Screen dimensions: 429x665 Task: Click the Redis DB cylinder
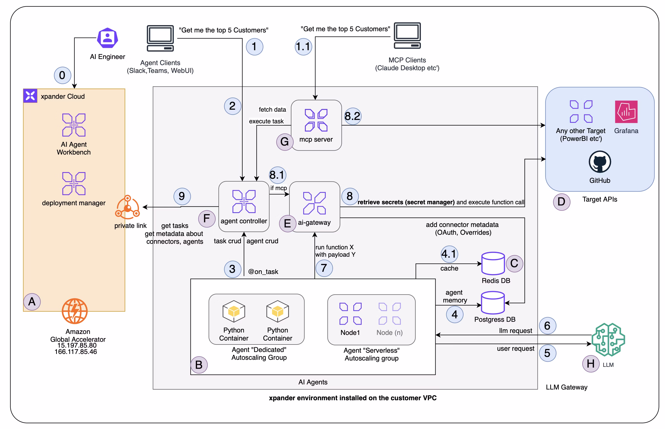coord(493,263)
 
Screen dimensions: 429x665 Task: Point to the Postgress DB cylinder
coord(493,302)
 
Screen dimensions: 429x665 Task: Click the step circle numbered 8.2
coord(352,116)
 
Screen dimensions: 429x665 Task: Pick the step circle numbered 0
coord(62,75)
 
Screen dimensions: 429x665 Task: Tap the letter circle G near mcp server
coord(284,142)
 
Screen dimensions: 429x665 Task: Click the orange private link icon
coord(127,207)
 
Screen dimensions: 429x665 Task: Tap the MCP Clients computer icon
coord(407,36)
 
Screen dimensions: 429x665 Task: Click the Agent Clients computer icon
coord(160,39)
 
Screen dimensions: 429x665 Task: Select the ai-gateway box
coord(314,207)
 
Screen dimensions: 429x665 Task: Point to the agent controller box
coord(244,206)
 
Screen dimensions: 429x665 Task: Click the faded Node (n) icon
coord(389,314)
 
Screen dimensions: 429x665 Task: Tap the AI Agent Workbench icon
coord(74,125)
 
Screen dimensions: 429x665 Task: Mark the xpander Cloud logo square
coord(30,96)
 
